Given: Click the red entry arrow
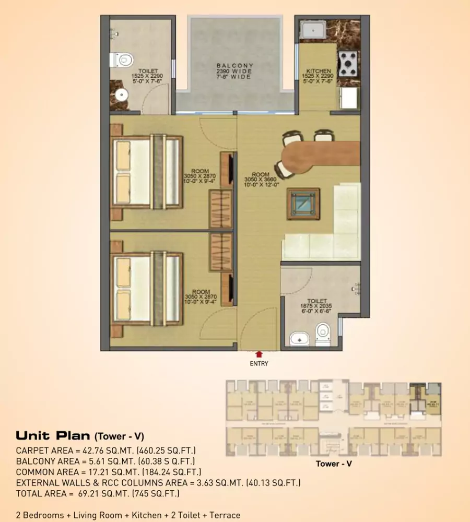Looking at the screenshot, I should (x=258, y=354).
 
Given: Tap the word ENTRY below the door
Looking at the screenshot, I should (x=258, y=363).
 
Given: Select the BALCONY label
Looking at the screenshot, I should (x=235, y=66).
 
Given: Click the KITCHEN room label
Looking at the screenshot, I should (x=319, y=71).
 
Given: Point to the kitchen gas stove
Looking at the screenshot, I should (x=348, y=64).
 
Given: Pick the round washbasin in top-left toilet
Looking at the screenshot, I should (x=122, y=95).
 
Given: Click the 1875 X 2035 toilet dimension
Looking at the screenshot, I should (x=317, y=307).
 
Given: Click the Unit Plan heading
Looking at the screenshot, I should (x=79, y=436).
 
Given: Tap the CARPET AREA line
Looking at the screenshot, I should (x=106, y=450).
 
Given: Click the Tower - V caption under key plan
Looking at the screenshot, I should (x=333, y=463).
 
